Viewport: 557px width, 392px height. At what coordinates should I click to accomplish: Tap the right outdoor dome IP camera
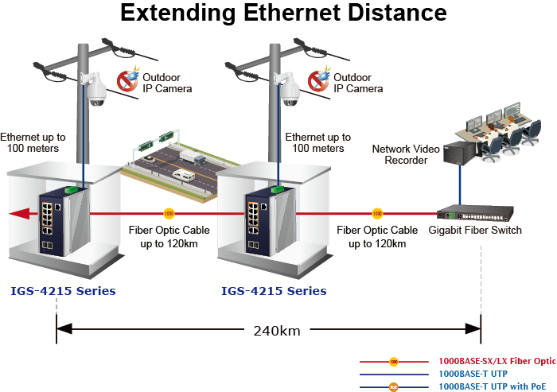pyautogui.click(x=288, y=90)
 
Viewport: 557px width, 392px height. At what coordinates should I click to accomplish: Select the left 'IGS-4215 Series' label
pyautogui.click(x=64, y=290)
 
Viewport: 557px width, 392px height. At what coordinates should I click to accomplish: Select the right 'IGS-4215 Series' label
pyautogui.click(x=274, y=290)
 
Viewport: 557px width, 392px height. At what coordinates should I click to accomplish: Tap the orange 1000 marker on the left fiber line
pyautogui.click(x=169, y=213)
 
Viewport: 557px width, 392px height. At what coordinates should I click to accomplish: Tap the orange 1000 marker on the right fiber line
pyautogui.click(x=377, y=213)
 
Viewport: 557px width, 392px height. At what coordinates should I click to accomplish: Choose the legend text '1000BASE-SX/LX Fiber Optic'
pyautogui.click(x=497, y=361)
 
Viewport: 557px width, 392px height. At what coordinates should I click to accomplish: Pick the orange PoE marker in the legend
pyautogui.click(x=393, y=386)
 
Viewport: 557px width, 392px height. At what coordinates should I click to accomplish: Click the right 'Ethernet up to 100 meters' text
pyautogui.click(x=317, y=142)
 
